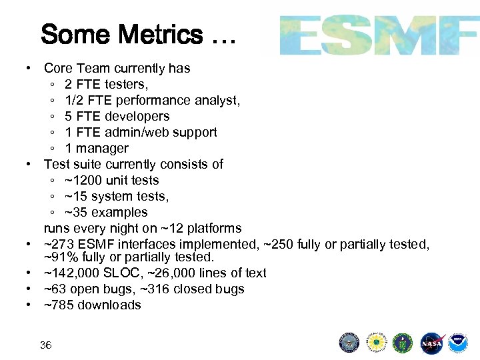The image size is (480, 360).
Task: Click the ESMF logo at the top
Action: [x=378, y=35]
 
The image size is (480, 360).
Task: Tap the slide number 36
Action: [x=45, y=345]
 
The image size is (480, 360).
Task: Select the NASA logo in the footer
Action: [x=431, y=342]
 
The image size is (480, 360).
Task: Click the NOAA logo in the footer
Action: [x=458, y=342]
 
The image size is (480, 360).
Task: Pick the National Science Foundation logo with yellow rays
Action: [x=377, y=342]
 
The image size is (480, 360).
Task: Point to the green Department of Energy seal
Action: [x=403, y=342]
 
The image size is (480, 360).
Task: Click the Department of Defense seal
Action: [x=349, y=342]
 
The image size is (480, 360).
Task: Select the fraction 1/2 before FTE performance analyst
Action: [x=74, y=100]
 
